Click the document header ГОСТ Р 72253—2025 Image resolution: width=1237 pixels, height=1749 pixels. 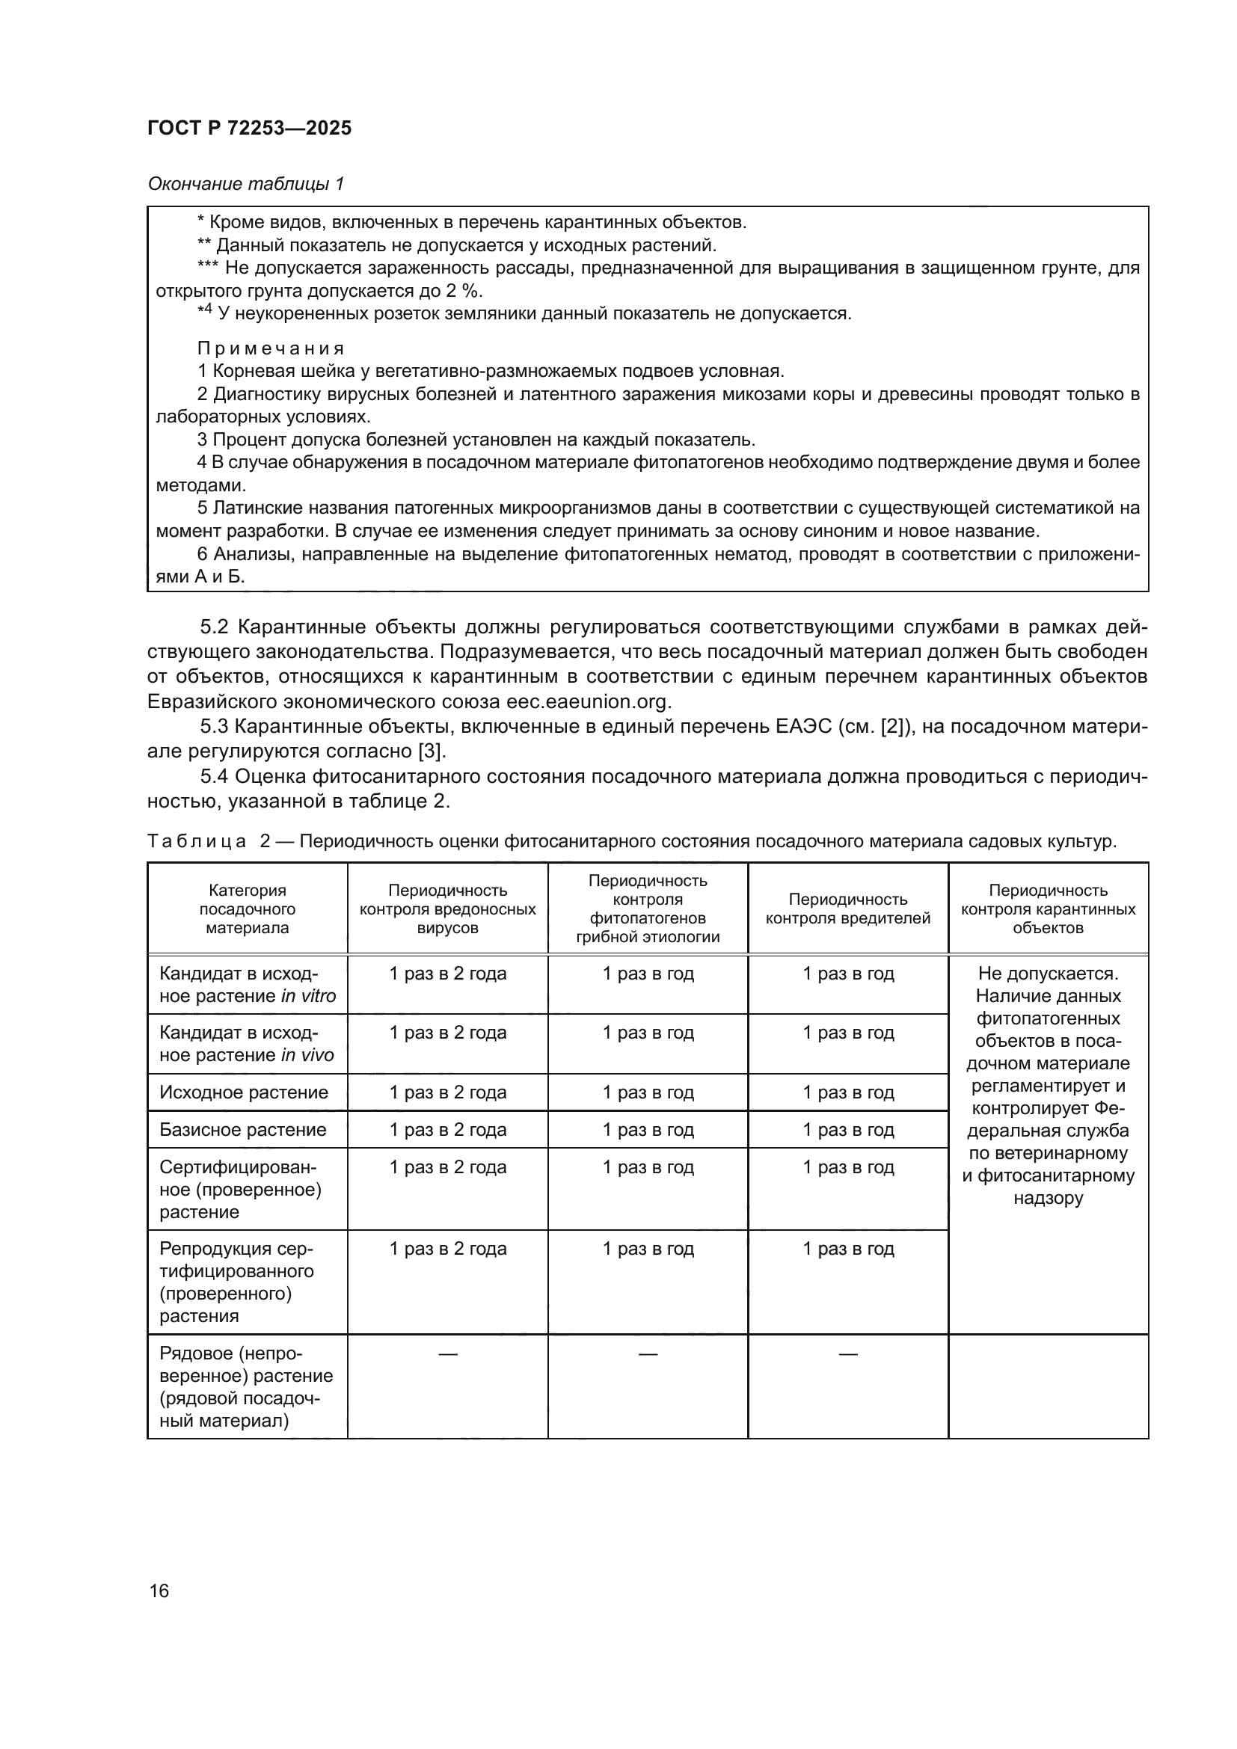coord(249,128)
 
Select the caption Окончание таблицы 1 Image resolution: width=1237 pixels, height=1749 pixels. coord(246,184)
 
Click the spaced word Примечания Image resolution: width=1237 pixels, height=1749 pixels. coord(271,349)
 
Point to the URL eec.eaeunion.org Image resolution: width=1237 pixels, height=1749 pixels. coord(588,701)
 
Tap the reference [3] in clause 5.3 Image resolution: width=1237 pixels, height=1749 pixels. coord(431,751)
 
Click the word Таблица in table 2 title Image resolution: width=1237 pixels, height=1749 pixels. coord(197,841)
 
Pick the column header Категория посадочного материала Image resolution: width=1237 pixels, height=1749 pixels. coord(247,909)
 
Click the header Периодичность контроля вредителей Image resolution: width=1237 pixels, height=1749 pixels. coord(848,909)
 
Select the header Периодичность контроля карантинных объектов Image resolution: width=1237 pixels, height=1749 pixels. coord(1048,909)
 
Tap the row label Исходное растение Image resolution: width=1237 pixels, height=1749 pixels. coord(243,1092)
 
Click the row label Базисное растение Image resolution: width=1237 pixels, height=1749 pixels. coord(242,1130)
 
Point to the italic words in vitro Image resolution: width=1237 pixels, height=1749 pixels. coord(308,996)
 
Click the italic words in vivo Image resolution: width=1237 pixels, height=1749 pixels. coord(307,1055)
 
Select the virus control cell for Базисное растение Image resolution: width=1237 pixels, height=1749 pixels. coord(448,1130)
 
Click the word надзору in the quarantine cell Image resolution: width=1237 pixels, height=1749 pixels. coord(1048,1198)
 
